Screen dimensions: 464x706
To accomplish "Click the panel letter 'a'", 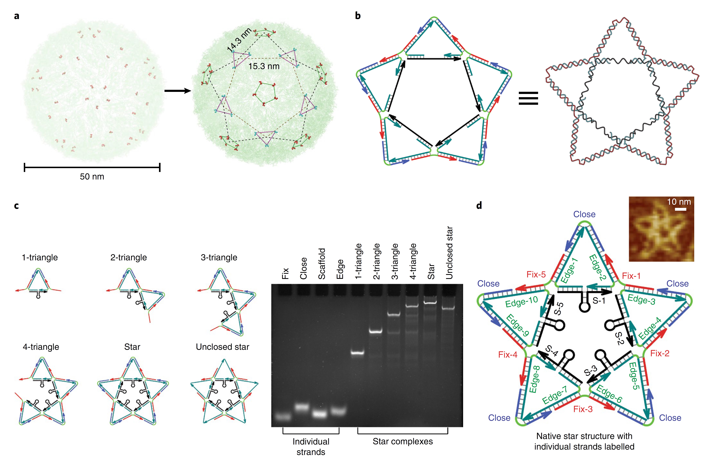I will tap(17, 16).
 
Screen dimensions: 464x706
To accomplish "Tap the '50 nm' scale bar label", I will tap(92, 177).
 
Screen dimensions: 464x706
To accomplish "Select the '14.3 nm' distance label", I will tap(239, 40).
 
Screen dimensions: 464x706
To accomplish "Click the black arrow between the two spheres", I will tap(177, 91).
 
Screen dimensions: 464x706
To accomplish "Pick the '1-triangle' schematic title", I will tap(40, 257).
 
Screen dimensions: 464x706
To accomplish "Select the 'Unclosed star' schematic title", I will tap(223, 347).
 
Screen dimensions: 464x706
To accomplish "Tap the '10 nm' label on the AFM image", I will tap(679, 202).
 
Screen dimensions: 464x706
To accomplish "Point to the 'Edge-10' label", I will tap(521, 302).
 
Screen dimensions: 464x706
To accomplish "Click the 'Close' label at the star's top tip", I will tap(584, 214).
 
